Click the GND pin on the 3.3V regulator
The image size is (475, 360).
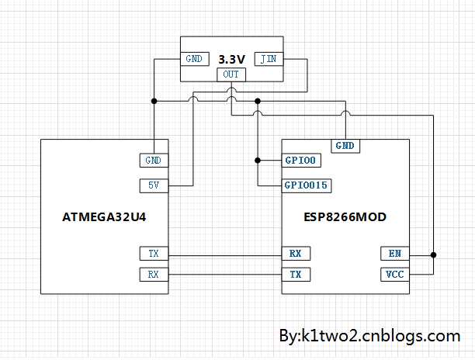[x=195, y=59]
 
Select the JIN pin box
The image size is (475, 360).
[x=269, y=59]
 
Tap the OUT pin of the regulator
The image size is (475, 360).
[x=231, y=74]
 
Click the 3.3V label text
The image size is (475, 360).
[x=232, y=59]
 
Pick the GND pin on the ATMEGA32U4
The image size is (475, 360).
[x=154, y=161]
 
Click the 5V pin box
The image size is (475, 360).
[x=154, y=185]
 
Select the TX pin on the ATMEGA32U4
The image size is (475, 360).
[x=154, y=254]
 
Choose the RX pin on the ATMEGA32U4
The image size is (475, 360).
[x=154, y=275]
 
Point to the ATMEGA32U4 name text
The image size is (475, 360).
[x=104, y=217]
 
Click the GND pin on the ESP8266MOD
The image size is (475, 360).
[x=345, y=146]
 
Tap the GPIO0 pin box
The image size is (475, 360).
[x=301, y=161]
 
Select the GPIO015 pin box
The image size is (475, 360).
[x=307, y=185]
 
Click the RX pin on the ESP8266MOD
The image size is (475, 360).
[x=296, y=254]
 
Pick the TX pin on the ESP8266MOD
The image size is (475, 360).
[x=296, y=275]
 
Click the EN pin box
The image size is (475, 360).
[x=395, y=254]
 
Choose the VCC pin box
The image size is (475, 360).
[x=395, y=275]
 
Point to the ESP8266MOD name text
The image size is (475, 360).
[x=345, y=217]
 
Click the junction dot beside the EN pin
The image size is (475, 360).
[x=434, y=255]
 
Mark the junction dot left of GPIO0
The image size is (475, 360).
[x=258, y=161]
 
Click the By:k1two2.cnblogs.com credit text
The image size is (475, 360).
[x=369, y=336]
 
